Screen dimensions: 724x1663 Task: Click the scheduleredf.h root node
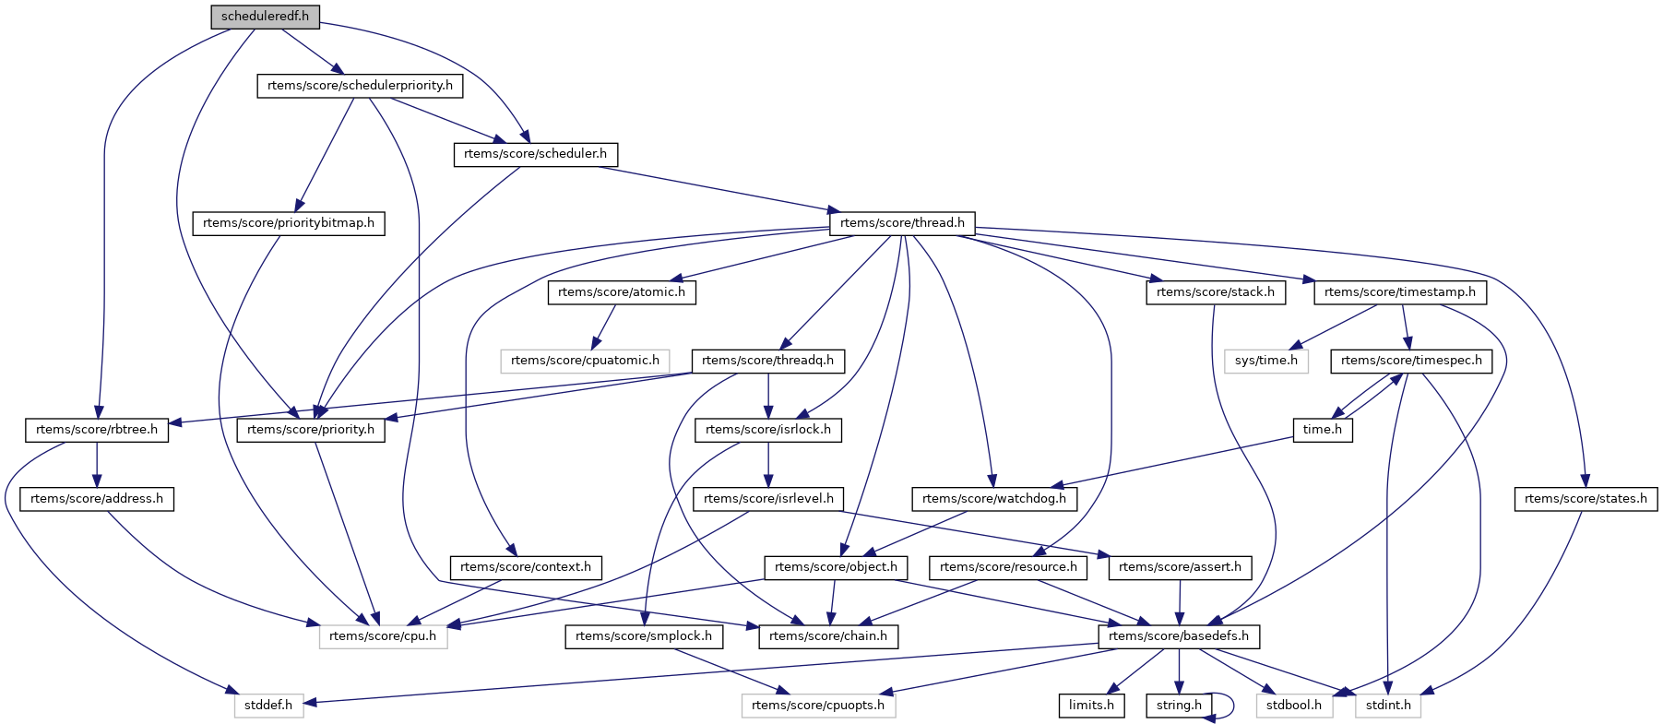click(x=265, y=17)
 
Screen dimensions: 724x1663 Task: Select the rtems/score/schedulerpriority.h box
click(x=360, y=86)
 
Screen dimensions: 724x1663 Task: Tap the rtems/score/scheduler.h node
click(x=535, y=154)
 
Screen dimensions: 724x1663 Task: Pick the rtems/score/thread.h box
click(x=902, y=223)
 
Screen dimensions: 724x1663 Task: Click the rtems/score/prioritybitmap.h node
click(x=289, y=223)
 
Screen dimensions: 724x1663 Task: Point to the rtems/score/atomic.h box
click(x=622, y=292)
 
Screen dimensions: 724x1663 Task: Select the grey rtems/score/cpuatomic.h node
click(x=585, y=361)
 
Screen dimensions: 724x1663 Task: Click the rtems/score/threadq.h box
click(x=767, y=361)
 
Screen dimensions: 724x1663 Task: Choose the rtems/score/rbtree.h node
click(x=97, y=430)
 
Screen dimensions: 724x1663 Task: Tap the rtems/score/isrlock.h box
click(x=767, y=430)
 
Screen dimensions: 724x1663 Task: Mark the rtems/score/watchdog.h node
click(x=994, y=499)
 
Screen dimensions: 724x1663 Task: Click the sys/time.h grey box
click(x=1266, y=361)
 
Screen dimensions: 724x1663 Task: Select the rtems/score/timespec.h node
click(x=1411, y=361)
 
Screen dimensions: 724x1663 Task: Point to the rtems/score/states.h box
click(x=1586, y=499)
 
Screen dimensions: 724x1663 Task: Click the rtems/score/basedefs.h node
click(x=1179, y=636)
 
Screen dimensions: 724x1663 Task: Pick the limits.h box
click(x=1091, y=706)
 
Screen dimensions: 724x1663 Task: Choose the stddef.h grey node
click(x=268, y=706)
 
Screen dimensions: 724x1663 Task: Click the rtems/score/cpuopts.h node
click(x=818, y=706)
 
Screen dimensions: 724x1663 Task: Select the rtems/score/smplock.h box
click(x=644, y=636)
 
